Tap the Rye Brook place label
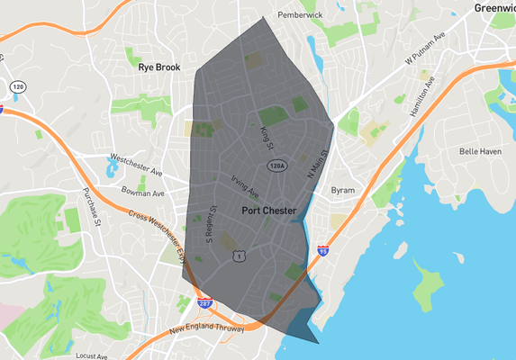pos(159,67)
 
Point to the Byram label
pos(343,190)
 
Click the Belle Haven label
pos(480,151)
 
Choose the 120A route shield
pos(276,166)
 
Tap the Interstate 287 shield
pos(205,304)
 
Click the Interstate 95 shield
pos(321,252)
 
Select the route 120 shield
pos(17,86)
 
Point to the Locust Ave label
pos(92,356)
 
